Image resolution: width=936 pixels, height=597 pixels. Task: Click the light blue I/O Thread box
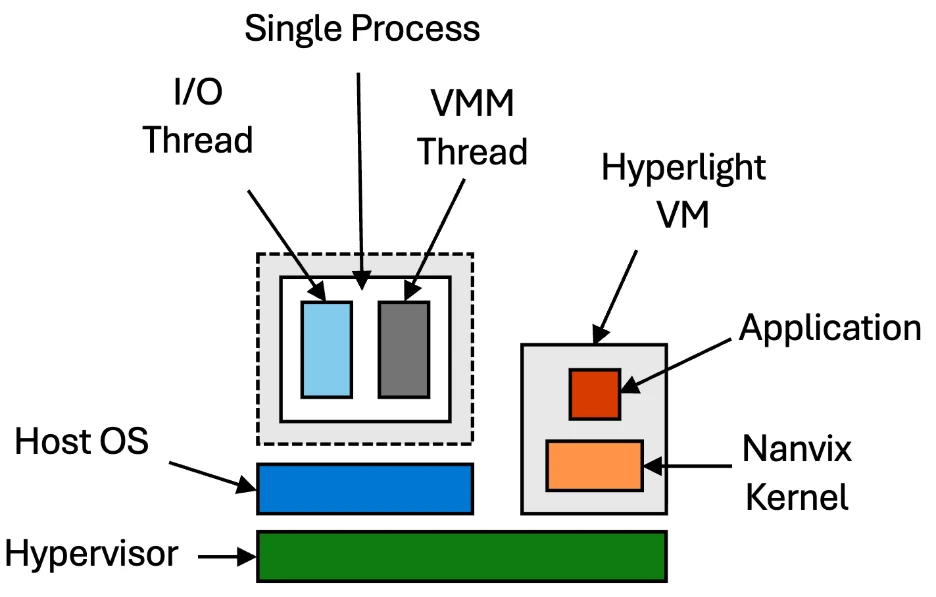(327, 349)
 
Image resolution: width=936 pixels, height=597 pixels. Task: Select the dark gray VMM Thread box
(403, 349)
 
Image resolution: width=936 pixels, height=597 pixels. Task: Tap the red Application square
(594, 393)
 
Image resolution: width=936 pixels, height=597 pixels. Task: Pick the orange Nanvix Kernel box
(594, 465)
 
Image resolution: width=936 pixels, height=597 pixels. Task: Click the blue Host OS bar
(364, 489)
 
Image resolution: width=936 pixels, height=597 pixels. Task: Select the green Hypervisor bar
(461, 556)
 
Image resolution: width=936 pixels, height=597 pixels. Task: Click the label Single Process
(362, 28)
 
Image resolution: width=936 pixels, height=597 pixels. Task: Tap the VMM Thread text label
(472, 128)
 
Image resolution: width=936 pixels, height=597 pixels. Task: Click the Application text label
(830, 327)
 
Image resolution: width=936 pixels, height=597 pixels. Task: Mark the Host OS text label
(82, 441)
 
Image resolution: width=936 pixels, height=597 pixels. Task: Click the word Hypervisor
(92, 553)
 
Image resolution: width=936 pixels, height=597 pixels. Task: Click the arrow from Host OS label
(211, 475)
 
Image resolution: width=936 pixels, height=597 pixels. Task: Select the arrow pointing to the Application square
(680, 361)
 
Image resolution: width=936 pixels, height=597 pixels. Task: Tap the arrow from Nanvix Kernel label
(690, 464)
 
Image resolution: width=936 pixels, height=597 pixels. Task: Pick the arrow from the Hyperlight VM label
(615, 290)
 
